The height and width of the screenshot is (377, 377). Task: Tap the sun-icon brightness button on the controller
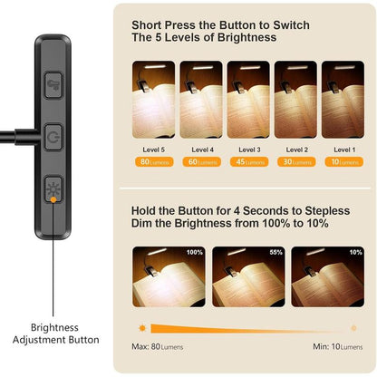52,191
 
